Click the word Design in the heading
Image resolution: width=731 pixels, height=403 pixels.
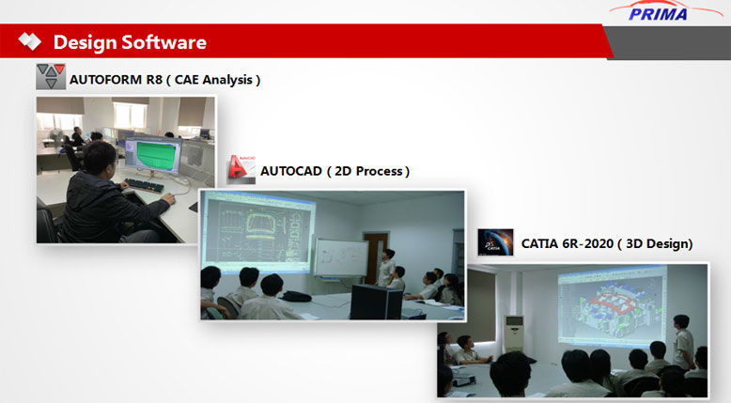click(85, 42)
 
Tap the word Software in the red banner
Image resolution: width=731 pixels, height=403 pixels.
click(164, 42)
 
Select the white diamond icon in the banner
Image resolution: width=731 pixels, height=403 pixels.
click(30, 41)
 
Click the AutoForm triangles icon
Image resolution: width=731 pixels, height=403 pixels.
click(51, 76)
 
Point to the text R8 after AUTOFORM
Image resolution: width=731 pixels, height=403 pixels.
click(154, 80)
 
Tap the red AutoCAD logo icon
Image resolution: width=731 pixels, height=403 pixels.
click(241, 169)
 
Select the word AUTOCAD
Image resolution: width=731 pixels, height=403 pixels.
click(291, 171)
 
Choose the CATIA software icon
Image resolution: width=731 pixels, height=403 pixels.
click(495, 242)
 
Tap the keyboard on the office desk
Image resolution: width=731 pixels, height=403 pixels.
click(146, 185)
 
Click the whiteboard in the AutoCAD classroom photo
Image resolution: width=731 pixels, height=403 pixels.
click(342, 257)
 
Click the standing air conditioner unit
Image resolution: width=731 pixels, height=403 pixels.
click(514, 333)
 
